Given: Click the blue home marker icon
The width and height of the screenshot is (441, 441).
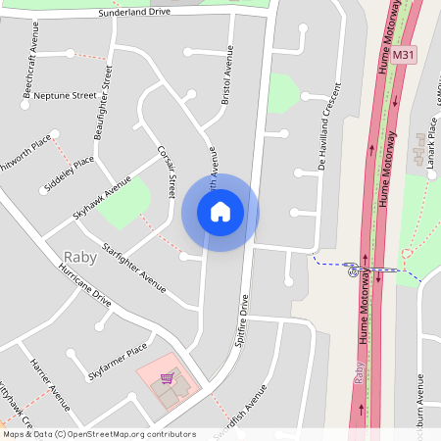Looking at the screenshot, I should (x=220, y=212).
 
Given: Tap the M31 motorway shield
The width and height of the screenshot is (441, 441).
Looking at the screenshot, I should (x=400, y=58).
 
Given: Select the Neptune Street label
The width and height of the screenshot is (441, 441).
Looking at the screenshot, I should (x=65, y=96).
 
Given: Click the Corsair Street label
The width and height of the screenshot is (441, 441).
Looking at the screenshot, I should (x=167, y=171).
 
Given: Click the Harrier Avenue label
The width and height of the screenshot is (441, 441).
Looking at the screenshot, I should (x=51, y=384).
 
